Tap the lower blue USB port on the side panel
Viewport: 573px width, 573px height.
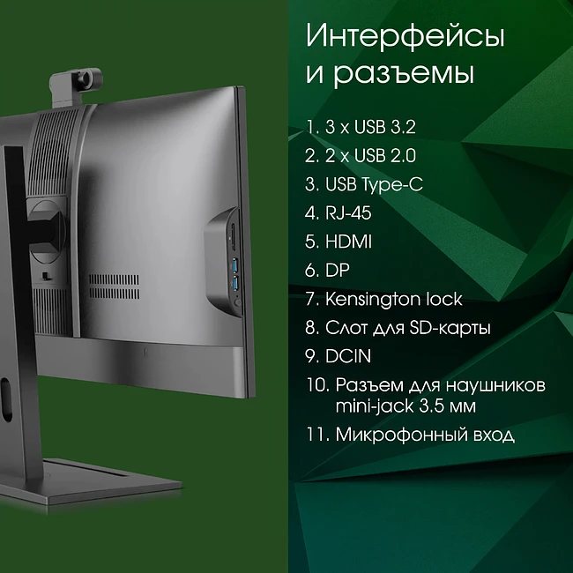tap(235, 284)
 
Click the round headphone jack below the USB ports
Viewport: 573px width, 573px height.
tap(236, 301)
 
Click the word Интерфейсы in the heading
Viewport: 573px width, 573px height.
tap(405, 37)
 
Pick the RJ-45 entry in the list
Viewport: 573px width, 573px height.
tap(346, 212)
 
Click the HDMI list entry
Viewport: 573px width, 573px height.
tap(346, 242)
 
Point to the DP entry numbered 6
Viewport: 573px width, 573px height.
tap(337, 270)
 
